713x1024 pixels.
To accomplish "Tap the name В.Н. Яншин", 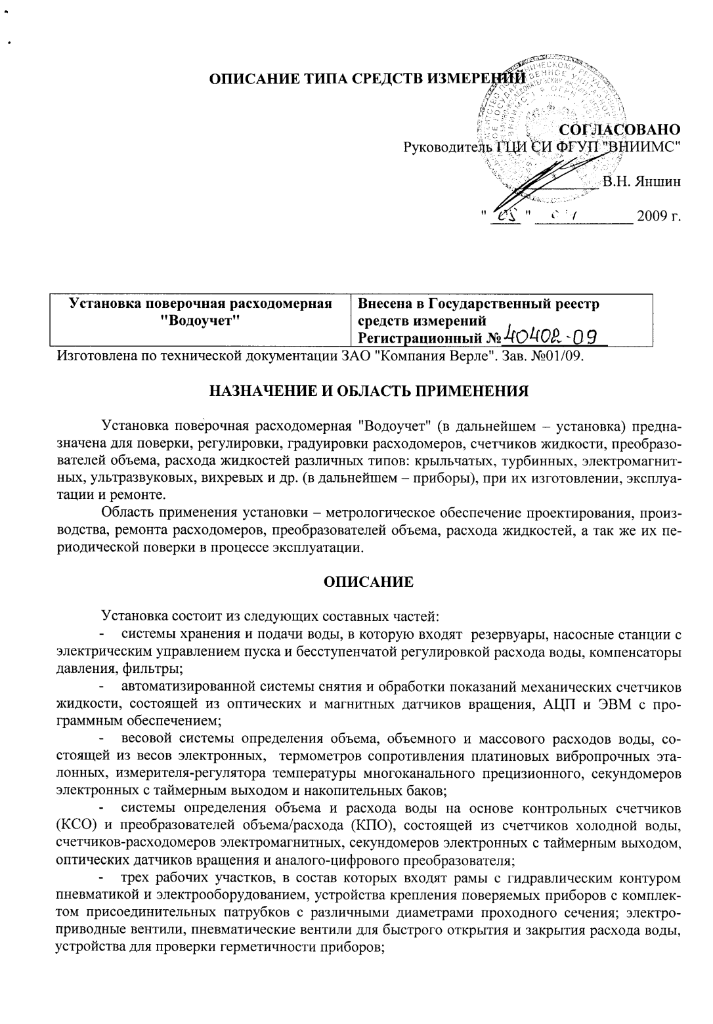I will [x=641, y=182].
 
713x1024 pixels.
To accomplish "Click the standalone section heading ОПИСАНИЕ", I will [x=368, y=582].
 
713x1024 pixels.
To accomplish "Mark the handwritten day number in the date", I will [x=506, y=216].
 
